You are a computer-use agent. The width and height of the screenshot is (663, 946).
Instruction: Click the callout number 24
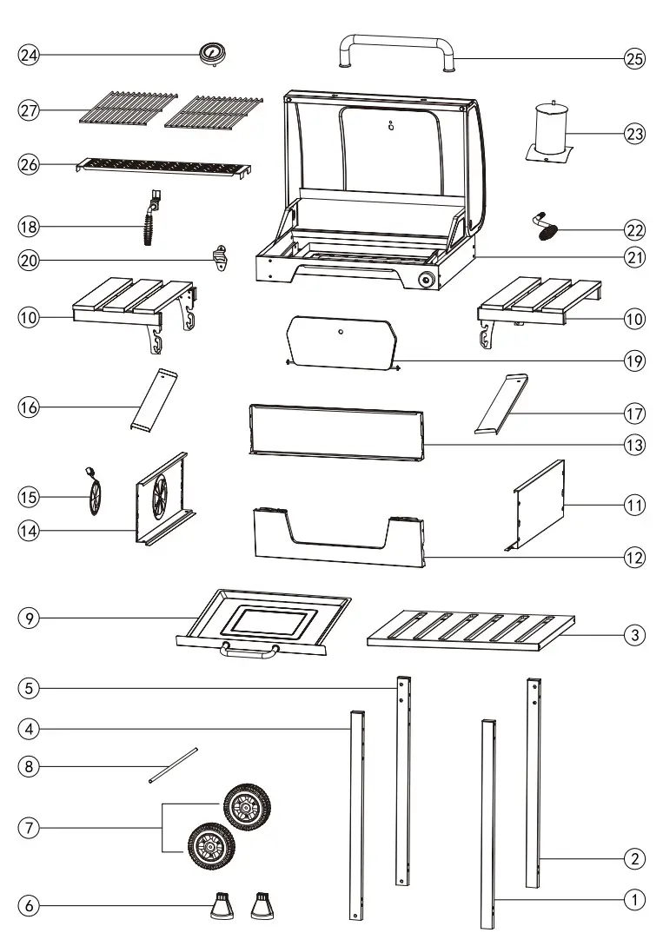pos(29,55)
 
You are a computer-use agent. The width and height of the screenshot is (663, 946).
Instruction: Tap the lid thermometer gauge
pos(211,53)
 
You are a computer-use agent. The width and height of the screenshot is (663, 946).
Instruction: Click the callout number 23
pos(635,134)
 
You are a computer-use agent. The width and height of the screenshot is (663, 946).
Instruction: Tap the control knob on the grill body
pos(427,280)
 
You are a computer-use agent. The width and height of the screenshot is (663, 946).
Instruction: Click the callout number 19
pos(635,361)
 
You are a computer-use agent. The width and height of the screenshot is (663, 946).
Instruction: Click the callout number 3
pos(635,635)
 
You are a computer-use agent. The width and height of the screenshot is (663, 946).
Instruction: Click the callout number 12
pos(635,558)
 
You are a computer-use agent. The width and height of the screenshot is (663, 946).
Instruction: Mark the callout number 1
pos(635,900)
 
